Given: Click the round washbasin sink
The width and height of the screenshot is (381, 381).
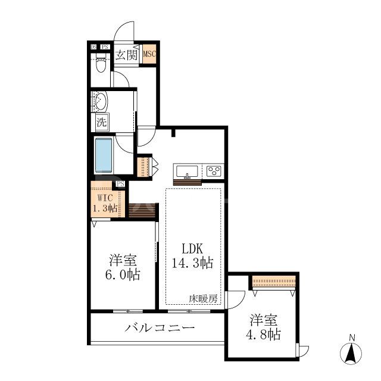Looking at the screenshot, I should [101, 101].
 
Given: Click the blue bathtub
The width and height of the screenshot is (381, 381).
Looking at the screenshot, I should [104, 154].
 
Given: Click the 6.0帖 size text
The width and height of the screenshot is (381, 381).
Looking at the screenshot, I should [124, 274].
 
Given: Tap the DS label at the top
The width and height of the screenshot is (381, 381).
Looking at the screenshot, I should [93, 47].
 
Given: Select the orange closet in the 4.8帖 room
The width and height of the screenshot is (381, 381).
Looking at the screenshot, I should [274, 281].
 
